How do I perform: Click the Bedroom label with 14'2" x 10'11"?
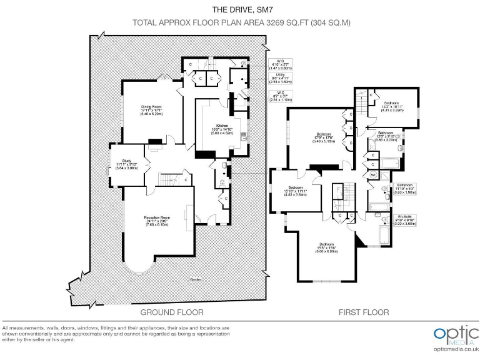[392, 106]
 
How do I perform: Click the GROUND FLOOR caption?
[171, 312]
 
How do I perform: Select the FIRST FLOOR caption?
[363, 312]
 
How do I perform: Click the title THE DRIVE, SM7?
[240, 9]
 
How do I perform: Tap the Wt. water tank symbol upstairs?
[373, 175]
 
